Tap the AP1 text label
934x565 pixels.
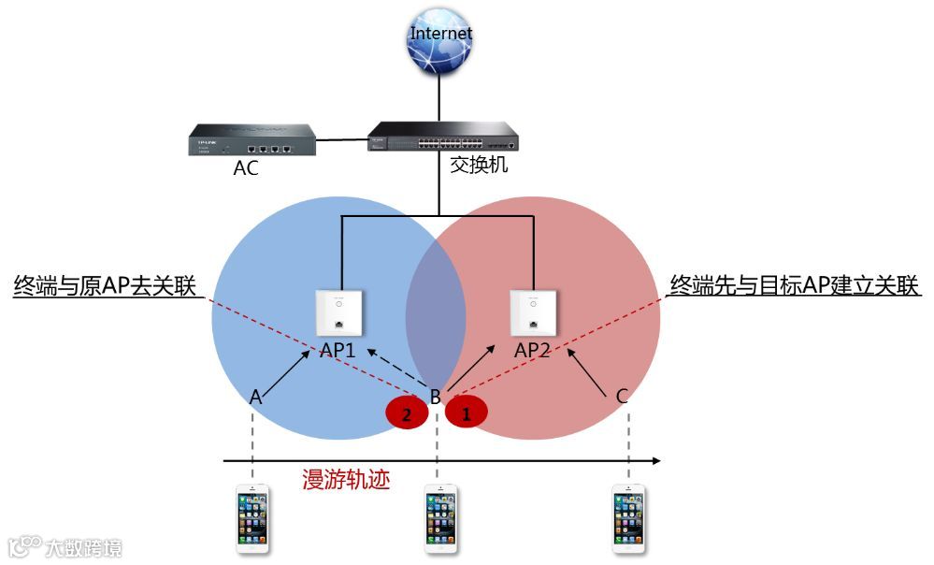pos(338,351)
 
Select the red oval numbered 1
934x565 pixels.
pos(467,410)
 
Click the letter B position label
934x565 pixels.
pos(436,396)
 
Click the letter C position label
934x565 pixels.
pos(621,397)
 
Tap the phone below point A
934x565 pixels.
pos(252,518)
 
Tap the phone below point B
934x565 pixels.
pos(440,518)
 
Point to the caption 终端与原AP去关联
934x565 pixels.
pos(105,285)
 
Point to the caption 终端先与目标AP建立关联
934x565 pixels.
pos(796,285)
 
